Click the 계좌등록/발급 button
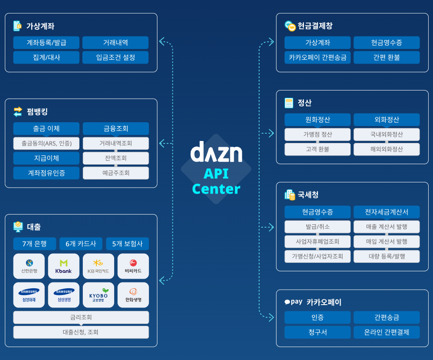point(46,43)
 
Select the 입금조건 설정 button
point(116,58)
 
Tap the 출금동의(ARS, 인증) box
point(46,143)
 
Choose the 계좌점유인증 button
point(46,173)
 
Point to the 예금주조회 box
point(116,173)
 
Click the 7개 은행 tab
point(35,244)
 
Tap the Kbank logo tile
point(64,266)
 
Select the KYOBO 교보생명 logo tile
point(98,295)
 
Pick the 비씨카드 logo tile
point(133,266)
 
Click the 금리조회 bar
point(81,318)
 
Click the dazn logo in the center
point(216,152)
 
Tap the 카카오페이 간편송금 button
point(317,58)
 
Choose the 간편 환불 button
point(386,58)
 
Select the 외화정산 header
point(386,120)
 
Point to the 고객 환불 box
point(317,149)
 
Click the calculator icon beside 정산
point(289,103)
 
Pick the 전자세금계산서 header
point(386,212)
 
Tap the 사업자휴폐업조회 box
point(317,241)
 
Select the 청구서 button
point(317,332)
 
